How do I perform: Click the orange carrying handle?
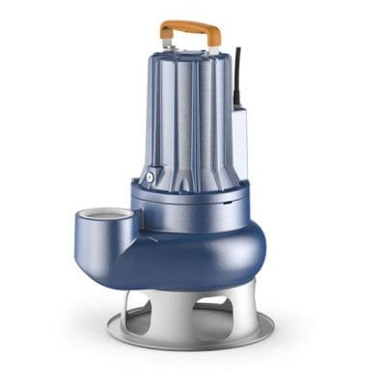[190, 30]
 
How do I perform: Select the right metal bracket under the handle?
[214, 44]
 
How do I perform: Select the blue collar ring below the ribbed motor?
[193, 200]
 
